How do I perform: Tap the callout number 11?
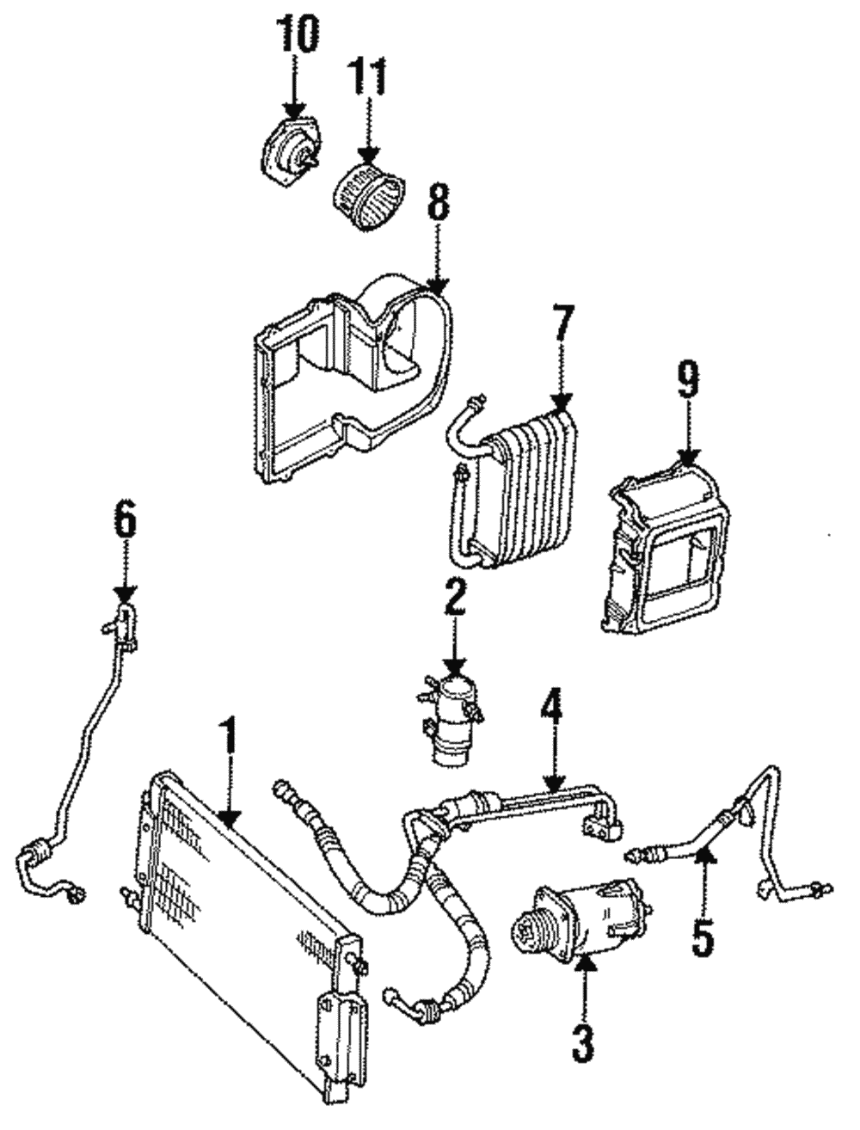click(x=367, y=77)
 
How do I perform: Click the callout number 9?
click(x=687, y=381)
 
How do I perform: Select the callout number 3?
click(x=584, y=1042)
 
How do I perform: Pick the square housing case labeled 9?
click(x=667, y=550)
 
